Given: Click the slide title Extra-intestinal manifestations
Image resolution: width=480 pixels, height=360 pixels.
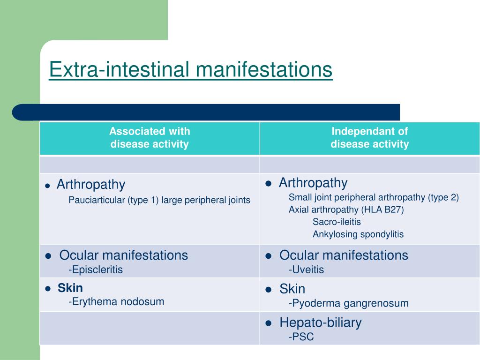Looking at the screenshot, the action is [190, 69].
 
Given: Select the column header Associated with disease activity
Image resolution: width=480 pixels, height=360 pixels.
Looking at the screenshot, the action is [150, 137].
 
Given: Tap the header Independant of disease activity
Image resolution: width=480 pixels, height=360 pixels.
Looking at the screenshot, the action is [369, 137].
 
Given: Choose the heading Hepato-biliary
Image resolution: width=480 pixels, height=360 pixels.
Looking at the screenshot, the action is [321, 322].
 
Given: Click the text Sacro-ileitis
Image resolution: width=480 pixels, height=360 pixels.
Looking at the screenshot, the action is [337, 222].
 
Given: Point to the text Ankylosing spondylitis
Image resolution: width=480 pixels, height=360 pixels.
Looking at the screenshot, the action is [358, 234].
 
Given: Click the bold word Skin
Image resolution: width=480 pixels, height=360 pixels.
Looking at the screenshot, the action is [70, 288].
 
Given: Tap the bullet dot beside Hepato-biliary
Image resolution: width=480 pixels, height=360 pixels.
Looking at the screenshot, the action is [269, 323].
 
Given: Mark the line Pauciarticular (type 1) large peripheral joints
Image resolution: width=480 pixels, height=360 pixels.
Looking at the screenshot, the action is [159, 200].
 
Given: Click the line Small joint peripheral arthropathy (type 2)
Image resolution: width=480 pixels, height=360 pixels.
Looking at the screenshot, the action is [374, 197].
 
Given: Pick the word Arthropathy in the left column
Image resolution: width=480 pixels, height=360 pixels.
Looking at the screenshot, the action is [91, 185].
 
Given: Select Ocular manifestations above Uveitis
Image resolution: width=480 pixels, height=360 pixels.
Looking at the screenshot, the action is [344, 255].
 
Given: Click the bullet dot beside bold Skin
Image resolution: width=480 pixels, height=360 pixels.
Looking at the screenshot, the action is [48, 289].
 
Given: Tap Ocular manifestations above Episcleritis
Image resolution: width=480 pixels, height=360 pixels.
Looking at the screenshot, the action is [124, 255].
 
